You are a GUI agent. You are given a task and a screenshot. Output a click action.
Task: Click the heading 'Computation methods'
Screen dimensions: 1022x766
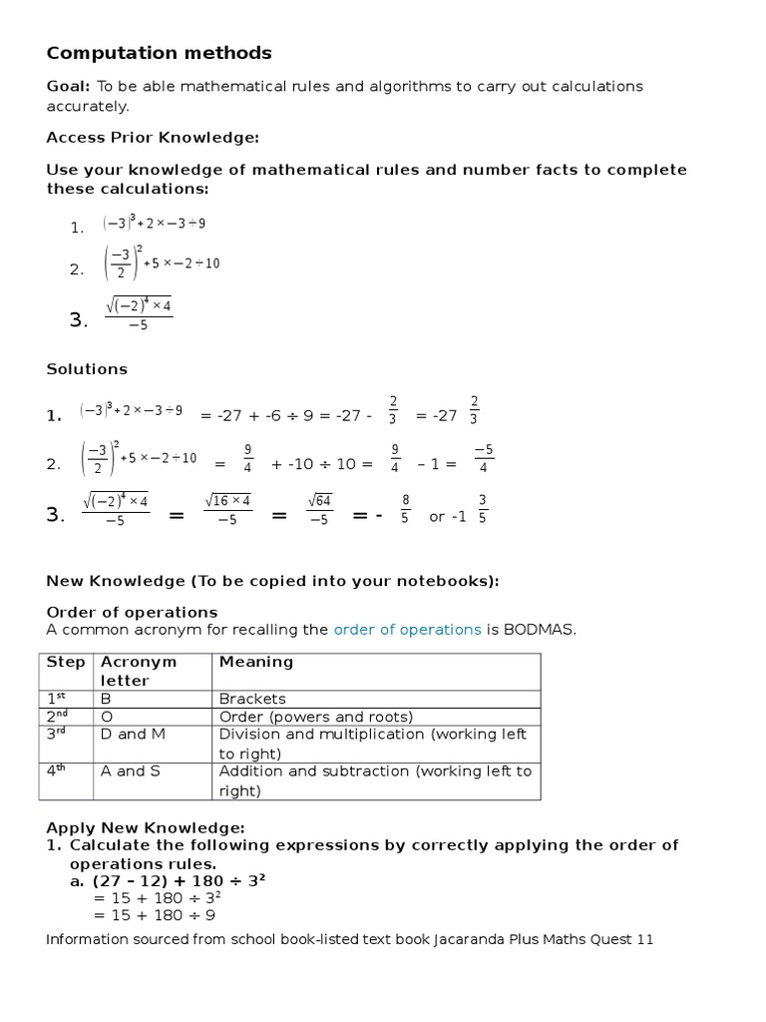tap(159, 53)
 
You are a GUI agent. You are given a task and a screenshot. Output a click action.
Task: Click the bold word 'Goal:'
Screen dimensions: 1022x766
tap(69, 87)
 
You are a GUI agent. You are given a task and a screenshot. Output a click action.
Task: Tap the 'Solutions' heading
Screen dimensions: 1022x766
tap(87, 369)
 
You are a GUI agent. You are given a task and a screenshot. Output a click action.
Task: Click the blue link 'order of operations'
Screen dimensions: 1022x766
tap(407, 630)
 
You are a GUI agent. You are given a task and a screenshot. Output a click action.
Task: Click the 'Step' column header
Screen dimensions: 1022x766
tap(66, 662)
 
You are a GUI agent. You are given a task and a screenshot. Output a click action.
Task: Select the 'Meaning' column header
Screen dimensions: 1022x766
tap(256, 662)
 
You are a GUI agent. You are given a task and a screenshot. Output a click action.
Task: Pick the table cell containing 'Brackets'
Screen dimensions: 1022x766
tap(252, 699)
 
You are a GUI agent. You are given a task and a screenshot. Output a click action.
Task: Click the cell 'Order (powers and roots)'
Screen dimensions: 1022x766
tap(315, 717)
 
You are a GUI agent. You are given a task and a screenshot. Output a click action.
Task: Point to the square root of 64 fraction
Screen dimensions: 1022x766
tap(319, 509)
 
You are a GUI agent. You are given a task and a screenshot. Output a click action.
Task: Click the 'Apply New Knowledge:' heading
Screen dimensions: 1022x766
tap(145, 827)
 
